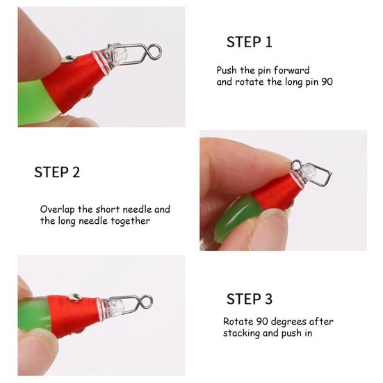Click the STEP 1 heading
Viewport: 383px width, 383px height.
pyautogui.click(x=249, y=42)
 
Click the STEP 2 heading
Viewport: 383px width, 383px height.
pyautogui.click(x=57, y=172)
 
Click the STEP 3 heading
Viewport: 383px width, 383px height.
pyautogui.click(x=249, y=299)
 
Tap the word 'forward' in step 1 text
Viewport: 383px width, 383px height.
pyautogui.click(x=291, y=70)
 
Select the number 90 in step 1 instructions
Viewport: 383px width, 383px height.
pyautogui.click(x=327, y=81)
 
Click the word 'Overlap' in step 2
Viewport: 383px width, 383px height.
pyautogui.click(x=58, y=210)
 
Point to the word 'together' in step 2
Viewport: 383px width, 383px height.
pyautogui.click(x=131, y=221)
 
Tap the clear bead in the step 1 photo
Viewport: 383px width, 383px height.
pyautogui.click(x=120, y=56)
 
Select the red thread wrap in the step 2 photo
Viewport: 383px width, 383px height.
pyautogui.click(x=276, y=193)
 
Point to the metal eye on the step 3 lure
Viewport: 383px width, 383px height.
pyautogui.click(x=75, y=298)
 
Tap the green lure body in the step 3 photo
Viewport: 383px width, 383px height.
pyautogui.click(x=34, y=315)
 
